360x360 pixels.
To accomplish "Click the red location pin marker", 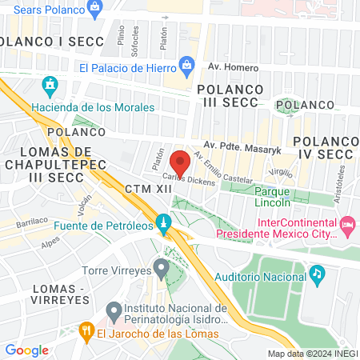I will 180,163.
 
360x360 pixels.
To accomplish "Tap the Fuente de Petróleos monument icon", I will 164,222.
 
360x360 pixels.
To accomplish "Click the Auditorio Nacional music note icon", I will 317,274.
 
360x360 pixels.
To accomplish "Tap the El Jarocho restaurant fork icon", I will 86,330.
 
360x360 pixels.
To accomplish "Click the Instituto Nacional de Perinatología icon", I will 113,309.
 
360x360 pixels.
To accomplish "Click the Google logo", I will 27,350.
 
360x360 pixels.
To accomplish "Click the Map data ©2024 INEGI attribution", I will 312,353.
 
